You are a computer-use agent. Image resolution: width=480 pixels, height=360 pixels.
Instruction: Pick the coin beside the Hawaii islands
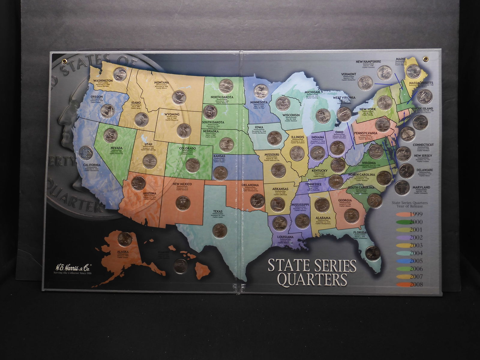(182, 265)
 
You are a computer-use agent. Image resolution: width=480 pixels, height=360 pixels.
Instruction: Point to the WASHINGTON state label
(103, 81)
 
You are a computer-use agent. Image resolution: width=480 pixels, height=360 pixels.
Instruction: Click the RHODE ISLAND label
(422, 108)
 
